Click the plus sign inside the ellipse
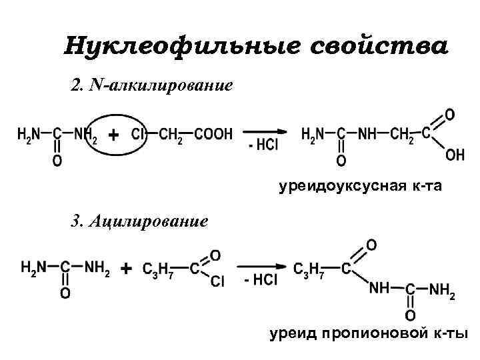(x=114, y=135)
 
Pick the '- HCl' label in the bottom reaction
(x=261, y=281)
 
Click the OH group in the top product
(x=455, y=155)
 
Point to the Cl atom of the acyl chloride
(x=218, y=282)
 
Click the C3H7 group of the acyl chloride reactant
(x=157, y=269)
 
